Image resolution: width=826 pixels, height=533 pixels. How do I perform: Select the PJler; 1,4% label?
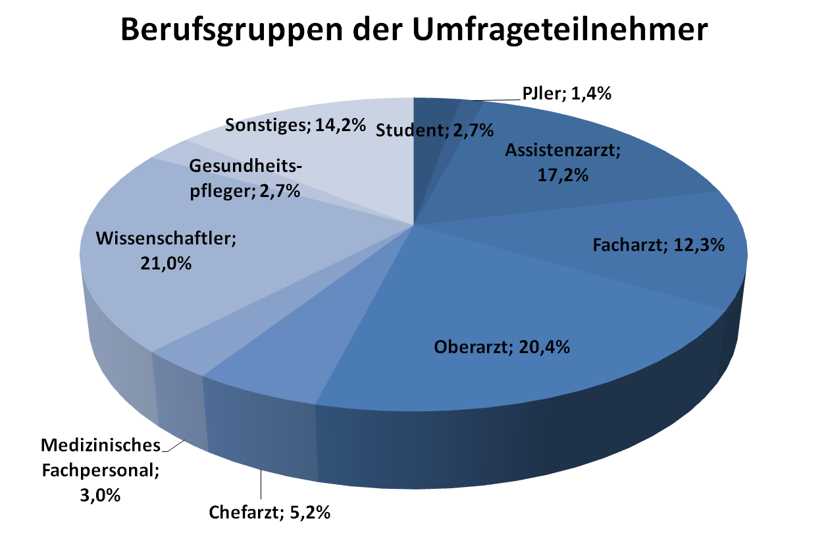point(567,94)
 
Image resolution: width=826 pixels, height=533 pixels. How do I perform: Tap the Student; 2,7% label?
point(434,130)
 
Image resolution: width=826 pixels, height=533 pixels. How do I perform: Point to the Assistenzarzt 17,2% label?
point(563,163)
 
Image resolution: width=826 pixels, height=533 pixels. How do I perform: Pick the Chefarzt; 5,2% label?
point(269,512)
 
